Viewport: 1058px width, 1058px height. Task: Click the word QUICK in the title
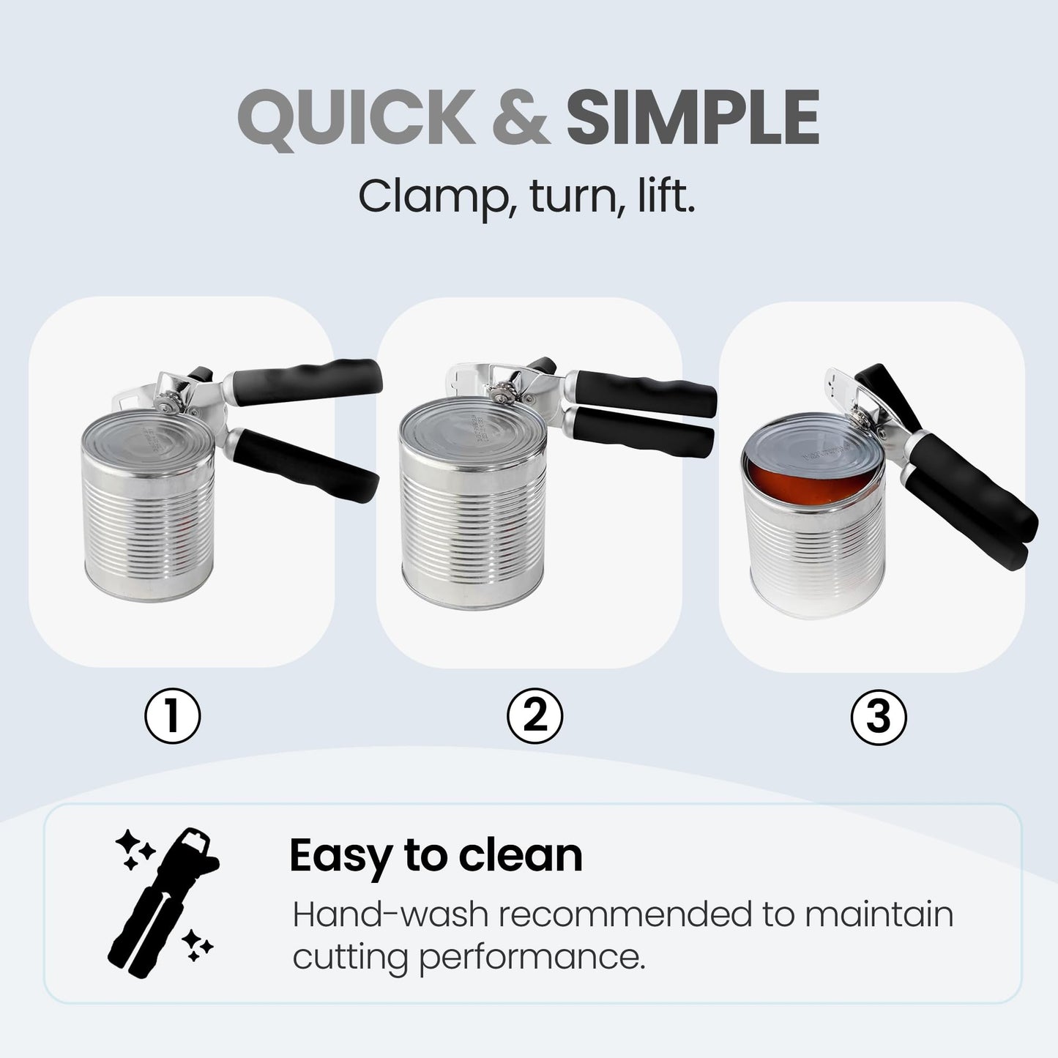(357, 118)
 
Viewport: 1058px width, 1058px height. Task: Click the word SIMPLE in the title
(692, 118)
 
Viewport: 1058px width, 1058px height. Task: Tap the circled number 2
(535, 715)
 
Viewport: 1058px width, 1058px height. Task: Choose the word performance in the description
(532, 957)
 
